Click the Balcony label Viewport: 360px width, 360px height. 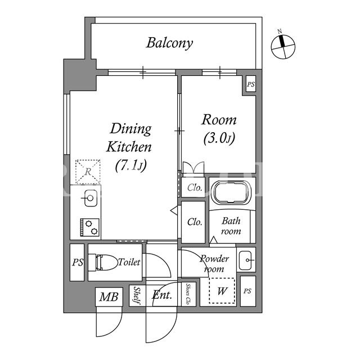(x=169, y=43)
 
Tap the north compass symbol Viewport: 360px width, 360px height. (x=283, y=47)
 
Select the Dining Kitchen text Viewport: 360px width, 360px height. (x=129, y=138)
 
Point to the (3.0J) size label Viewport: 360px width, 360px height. (x=219, y=138)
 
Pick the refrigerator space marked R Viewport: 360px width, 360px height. (x=88, y=172)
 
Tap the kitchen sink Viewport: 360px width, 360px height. (x=90, y=198)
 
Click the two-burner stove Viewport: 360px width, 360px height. (x=90, y=227)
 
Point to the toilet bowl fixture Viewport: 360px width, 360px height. (x=103, y=262)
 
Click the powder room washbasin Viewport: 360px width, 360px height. (x=246, y=260)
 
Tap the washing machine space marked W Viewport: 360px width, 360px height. (x=222, y=291)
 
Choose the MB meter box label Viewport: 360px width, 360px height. (x=109, y=297)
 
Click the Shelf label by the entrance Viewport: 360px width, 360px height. (x=137, y=295)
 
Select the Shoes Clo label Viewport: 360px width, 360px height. (x=188, y=294)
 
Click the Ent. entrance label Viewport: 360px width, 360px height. (x=162, y=295)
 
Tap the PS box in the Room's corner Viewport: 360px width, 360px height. (x=251, y=84)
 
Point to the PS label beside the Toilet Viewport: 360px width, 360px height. (x=78, y=263)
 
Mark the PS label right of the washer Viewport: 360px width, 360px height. (x=247, y=291)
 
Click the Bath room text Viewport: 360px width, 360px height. (x=231, y=226)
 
